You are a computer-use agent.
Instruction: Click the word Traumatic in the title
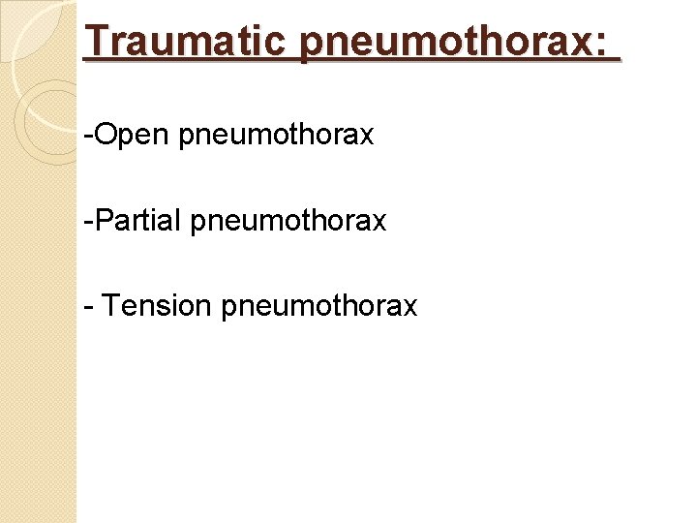pos(185,41)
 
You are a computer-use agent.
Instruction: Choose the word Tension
pos(157,306)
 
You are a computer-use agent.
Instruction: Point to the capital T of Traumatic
pos(96,41)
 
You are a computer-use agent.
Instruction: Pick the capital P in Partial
pos(103,221)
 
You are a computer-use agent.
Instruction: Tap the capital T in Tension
pos(110,306)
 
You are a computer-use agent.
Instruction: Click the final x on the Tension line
pos(410,308)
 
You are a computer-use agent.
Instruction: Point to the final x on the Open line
pos(367,137)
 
